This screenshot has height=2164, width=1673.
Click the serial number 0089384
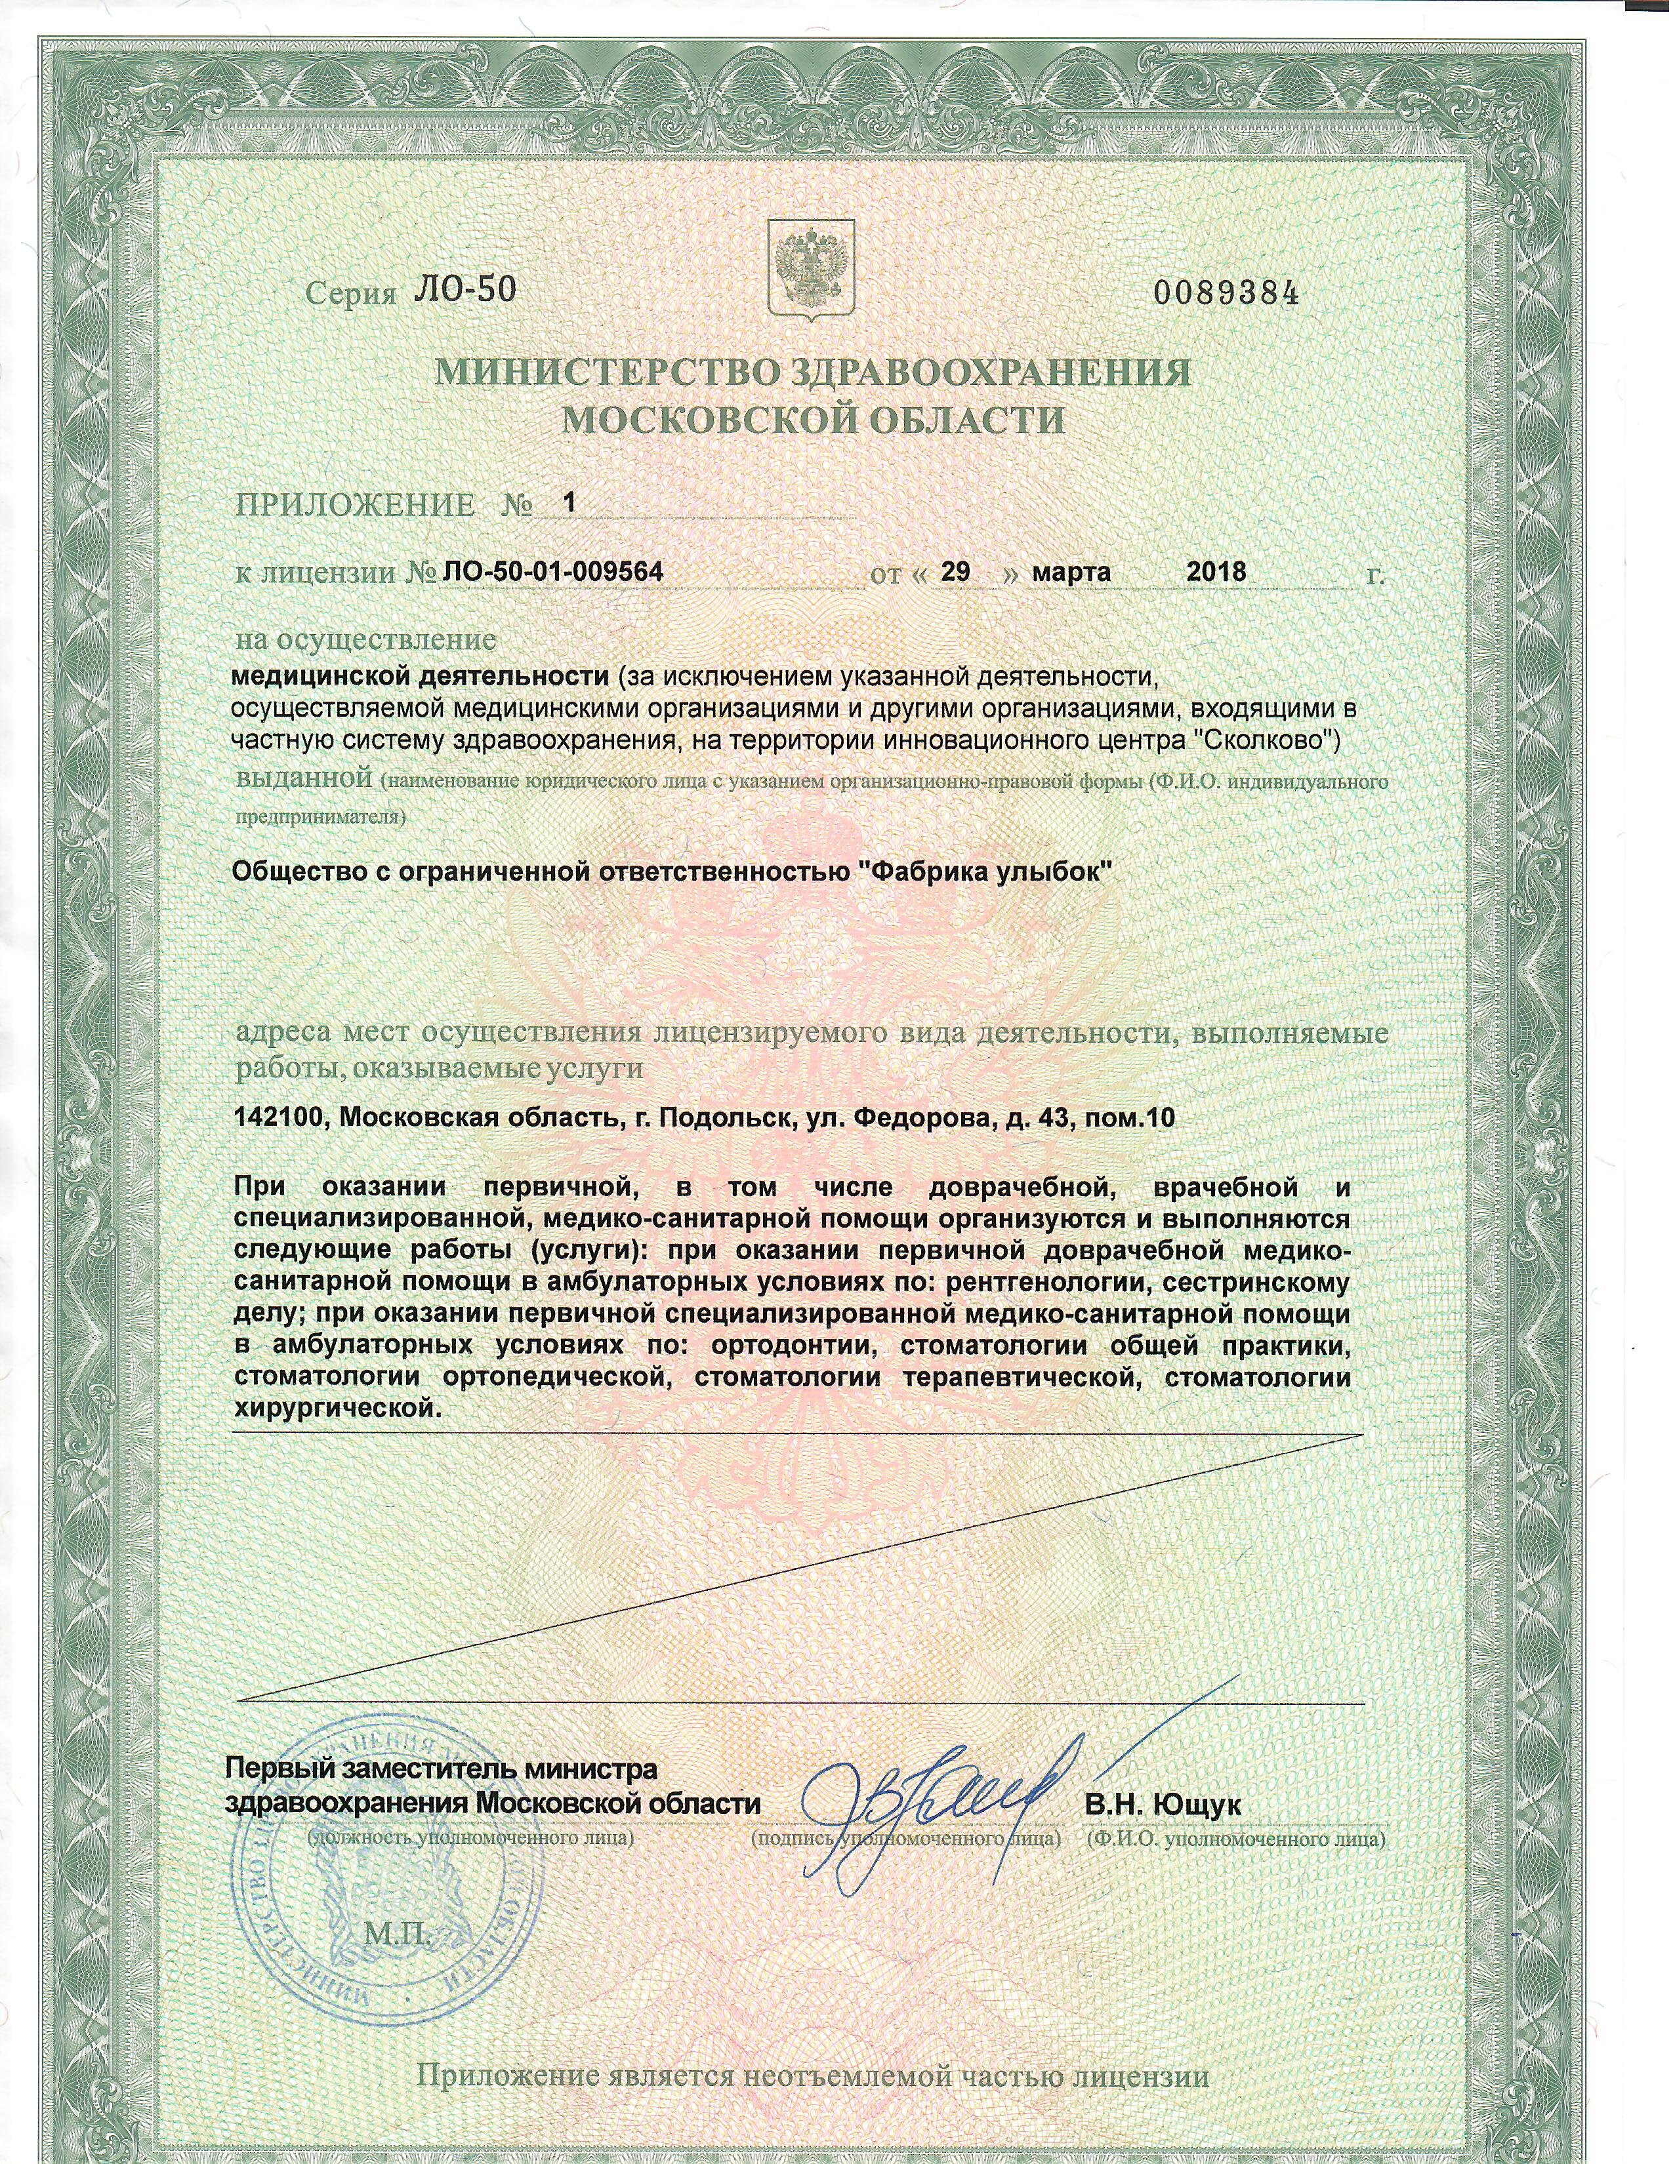1224,293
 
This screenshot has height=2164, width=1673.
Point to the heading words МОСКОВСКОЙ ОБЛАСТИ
813,420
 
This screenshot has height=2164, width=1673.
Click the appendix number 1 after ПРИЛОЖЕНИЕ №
569,502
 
